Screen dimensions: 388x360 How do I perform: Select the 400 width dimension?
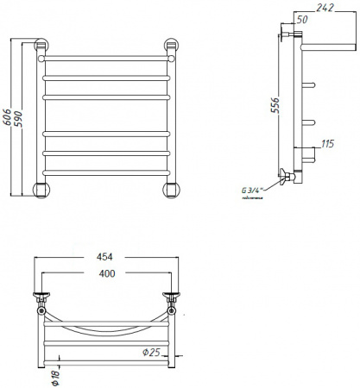point(104,274)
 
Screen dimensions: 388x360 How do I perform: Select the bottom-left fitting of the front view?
point(41,190)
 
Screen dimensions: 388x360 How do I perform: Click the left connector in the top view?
point(41,298)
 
